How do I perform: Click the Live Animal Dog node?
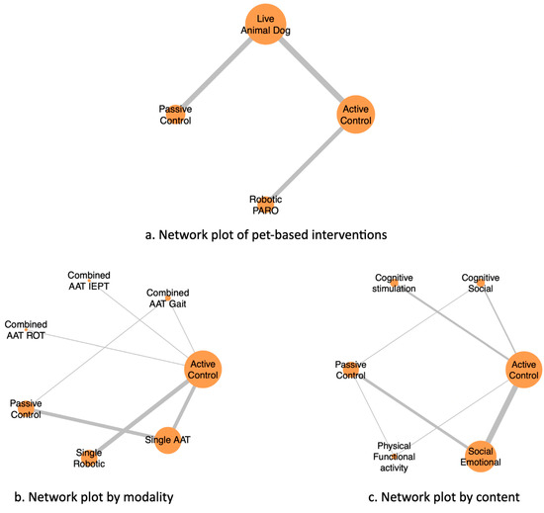(265, 24)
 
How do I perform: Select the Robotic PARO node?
(265, 205)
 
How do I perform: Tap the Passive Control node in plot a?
(175, 115)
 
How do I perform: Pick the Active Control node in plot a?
(356, 115)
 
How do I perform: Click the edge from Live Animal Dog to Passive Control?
(218, 72)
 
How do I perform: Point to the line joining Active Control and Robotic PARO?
(307, 163)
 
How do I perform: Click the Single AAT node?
(167, 440)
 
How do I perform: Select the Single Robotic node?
(89, 458)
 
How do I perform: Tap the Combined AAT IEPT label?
(89, 281)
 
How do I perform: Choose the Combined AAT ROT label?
(26, 330)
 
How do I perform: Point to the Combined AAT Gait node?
(168, 299)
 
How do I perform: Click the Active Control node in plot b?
(203, 369)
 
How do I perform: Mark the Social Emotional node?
(481, 457)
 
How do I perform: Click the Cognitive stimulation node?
(394, 283)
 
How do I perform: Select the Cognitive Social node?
(481, 283)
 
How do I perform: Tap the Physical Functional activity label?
(394, 457)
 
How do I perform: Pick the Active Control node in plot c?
(524, 370)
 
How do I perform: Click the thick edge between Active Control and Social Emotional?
(502, 413)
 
